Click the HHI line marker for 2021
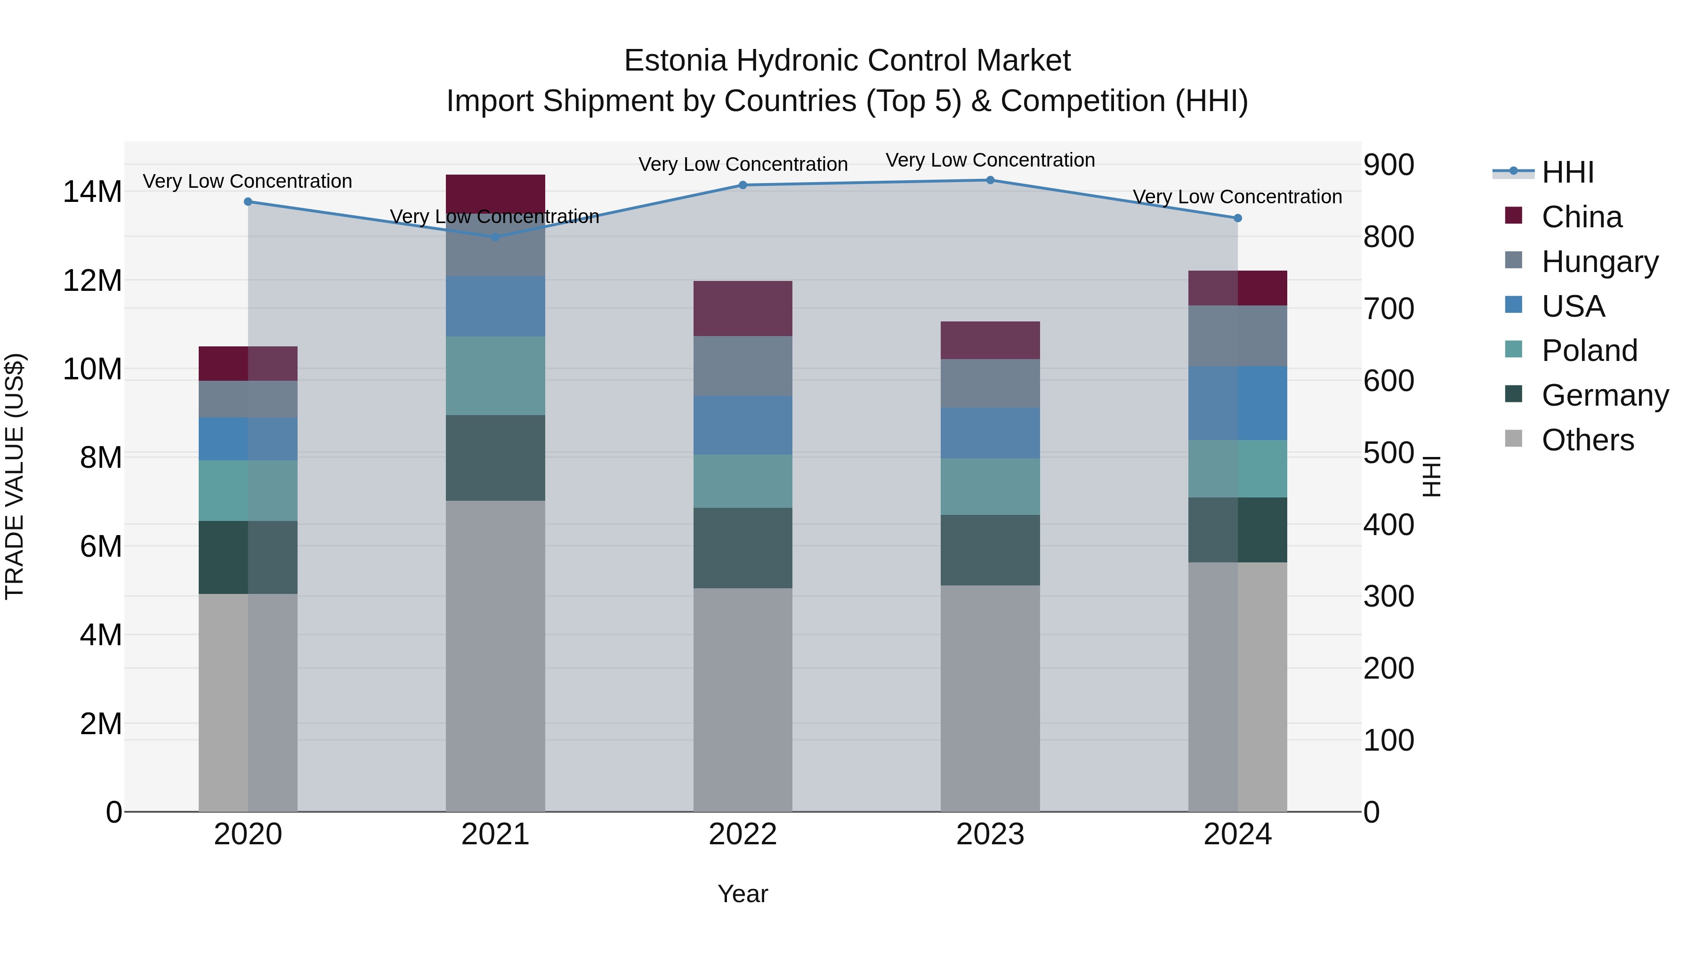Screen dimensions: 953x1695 tap(495, 237)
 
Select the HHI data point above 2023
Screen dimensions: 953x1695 tap(990, 180)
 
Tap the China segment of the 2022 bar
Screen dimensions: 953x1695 tap(743, 308)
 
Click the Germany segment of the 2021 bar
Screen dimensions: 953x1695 tap(495, 458)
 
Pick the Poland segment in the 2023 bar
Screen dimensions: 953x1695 tap(990, 487)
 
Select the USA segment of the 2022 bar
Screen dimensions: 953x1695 tap(743, 425)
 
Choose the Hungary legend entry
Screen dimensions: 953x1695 tap(1599, 262)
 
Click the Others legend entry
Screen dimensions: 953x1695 tap(1587, 440)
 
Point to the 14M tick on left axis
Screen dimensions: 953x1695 tap(92, 192)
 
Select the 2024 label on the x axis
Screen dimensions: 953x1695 tap(1237, 834)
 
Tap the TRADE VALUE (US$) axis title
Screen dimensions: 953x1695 tap(15, 476)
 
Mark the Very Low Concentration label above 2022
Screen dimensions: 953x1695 tap(743, 164)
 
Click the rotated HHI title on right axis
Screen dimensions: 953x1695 tap(1432, 476)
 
